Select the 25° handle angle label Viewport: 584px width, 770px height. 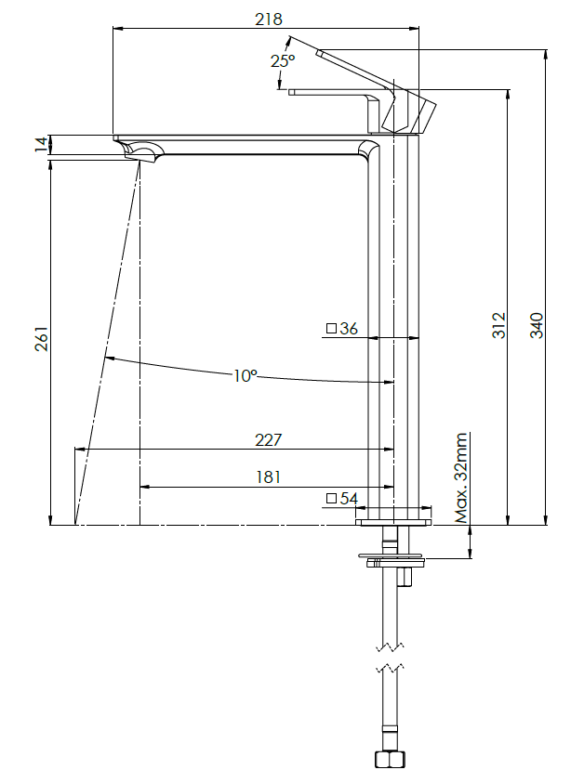tap(283, 60)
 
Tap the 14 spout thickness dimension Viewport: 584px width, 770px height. tap(39, 144)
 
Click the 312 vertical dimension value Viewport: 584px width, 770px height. tap(499, 324)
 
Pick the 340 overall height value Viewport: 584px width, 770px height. tap(537, 324)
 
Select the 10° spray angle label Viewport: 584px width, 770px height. tap(245, 375)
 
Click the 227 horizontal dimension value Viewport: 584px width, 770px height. tap(268, 439)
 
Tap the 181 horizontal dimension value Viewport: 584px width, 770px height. tap(268, 476)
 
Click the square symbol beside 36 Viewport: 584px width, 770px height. tap(330, 328)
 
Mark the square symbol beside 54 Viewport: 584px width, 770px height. tap(330, 499)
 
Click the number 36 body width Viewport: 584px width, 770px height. tap(349, 328)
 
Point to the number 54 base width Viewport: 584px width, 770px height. tap(349, 499)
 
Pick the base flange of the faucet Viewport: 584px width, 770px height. tap(394, 523)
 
